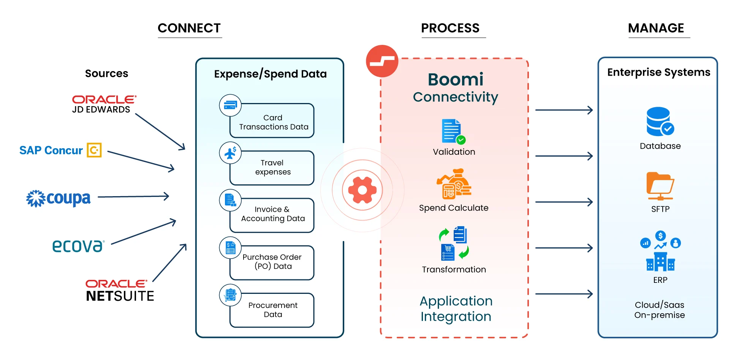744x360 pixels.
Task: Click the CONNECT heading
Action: (189, 28)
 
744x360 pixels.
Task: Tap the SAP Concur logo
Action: (60, 150)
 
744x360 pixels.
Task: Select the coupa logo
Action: (59, 198)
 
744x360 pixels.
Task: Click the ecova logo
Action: (78, 246)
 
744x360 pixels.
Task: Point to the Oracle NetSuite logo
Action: (120, 291)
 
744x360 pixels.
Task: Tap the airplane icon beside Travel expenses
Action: (230, 153)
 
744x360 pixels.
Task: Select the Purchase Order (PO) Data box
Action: (272, 262)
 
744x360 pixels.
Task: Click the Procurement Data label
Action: (273, 310)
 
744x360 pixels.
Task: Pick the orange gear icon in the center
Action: (362, 190)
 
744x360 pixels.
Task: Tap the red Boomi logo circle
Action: (382, 61)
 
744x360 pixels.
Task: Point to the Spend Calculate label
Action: (454, 208)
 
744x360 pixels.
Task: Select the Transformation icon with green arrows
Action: (454, 243)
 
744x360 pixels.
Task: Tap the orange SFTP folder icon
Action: (660, 186)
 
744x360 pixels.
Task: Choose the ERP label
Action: (660, 280)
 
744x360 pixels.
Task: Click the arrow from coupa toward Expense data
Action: (133, 197)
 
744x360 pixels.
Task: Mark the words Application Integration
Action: (456, 309)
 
